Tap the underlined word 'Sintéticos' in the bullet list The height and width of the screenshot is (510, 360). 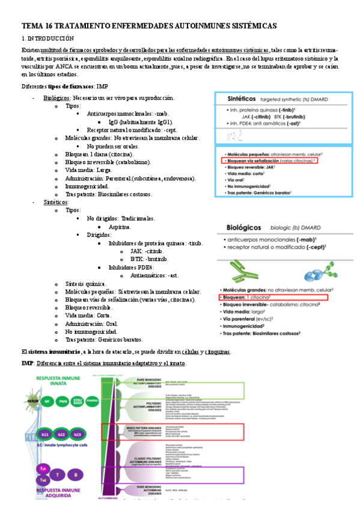click(56, 203)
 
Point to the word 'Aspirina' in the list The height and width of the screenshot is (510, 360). click(121, 227)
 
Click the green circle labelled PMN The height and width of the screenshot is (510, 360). click(63, 400)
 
